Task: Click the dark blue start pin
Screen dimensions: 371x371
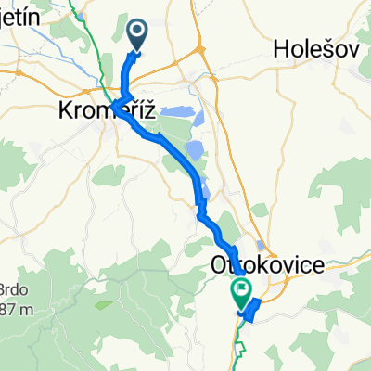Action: [x=136, y=35]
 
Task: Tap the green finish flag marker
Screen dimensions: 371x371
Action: [x=242, y=293]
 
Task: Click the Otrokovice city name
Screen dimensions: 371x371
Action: [x=269, y=266]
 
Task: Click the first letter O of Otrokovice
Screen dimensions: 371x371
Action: [x=221, y=266]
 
